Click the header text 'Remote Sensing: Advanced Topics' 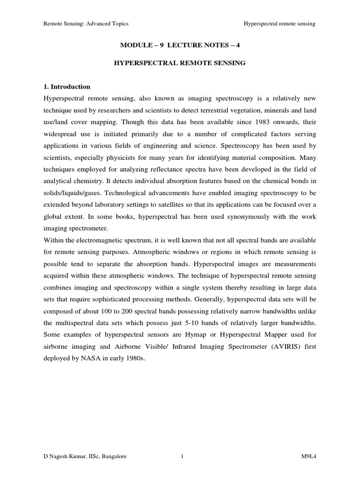[86, 23]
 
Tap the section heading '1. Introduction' [67, 87]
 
